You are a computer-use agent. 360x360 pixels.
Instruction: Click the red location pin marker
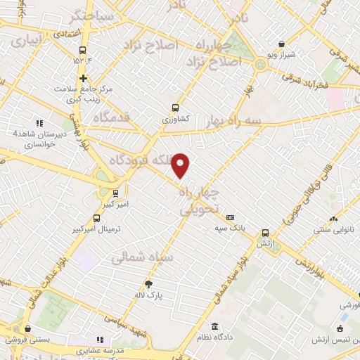(x=181, y=165)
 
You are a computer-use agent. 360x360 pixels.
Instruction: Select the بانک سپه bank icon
(x=230, y=218)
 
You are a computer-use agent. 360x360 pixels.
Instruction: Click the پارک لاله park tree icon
(x=148, y=285)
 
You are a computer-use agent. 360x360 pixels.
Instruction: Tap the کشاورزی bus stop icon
(x=175, y=108)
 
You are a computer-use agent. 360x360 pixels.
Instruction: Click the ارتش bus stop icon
(x=265, y=233)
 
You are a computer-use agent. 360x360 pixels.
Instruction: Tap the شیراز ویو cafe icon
(x=282, y=44)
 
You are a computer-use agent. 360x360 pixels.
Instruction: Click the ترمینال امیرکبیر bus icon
(x=96, y=218)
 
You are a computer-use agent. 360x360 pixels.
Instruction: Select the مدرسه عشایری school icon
(x=99, y=340)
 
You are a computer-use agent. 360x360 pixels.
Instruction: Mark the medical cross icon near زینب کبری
(x=84, y=78)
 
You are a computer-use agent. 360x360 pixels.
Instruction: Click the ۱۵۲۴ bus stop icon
(x=83, y=50)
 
